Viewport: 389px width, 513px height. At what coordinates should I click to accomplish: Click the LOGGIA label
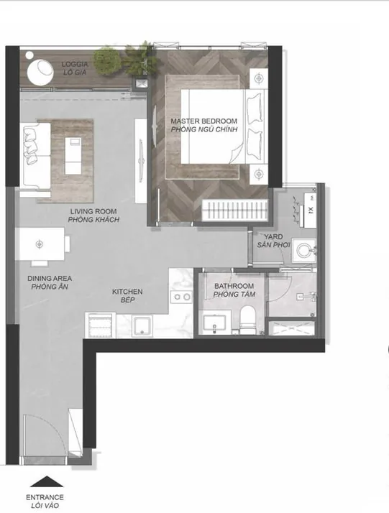(75, 64)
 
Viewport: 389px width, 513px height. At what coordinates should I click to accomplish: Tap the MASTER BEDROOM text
(203, 121)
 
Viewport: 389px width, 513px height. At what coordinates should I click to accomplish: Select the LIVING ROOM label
(93, 211)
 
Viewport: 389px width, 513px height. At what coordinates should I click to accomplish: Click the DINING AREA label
(50, 279)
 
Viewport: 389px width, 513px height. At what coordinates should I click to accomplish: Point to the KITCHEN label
(127, 292)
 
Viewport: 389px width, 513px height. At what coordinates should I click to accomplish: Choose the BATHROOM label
(234, 286)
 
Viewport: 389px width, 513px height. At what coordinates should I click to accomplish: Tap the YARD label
(273, 236)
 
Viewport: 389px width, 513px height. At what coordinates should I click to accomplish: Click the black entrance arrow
(47, 481)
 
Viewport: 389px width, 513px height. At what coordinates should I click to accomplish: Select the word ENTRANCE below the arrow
(45, 497)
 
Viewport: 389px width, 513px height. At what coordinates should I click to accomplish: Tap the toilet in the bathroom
(247, 320)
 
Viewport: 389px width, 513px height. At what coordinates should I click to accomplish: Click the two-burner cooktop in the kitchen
(181, 297)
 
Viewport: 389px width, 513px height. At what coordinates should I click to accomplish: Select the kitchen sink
(142, 326)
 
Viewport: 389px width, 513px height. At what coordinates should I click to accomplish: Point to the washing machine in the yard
(304, 251)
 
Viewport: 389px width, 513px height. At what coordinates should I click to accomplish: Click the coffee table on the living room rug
(73, 156)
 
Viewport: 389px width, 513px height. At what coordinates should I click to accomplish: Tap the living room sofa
(35, 156)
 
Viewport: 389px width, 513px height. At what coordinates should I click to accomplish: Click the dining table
(40, 244)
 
